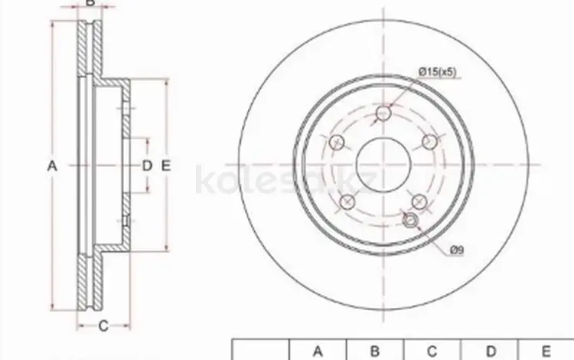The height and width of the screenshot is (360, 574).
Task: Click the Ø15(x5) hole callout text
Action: tap(438, 72)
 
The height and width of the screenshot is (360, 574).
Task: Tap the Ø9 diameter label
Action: tap(456, 250)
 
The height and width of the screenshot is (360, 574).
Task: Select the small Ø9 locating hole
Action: tap(410, 220)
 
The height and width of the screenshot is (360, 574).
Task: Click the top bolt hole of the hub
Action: tap(383, 113)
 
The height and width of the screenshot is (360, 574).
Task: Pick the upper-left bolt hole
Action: tap(337, 142)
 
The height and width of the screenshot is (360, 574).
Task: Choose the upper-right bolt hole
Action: tap(430, 142)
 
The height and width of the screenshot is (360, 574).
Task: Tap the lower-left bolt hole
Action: tap(347, 201)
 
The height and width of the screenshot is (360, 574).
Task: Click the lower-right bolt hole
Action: tap(419, 201)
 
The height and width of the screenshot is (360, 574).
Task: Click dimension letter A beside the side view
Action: tap(52, 166)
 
